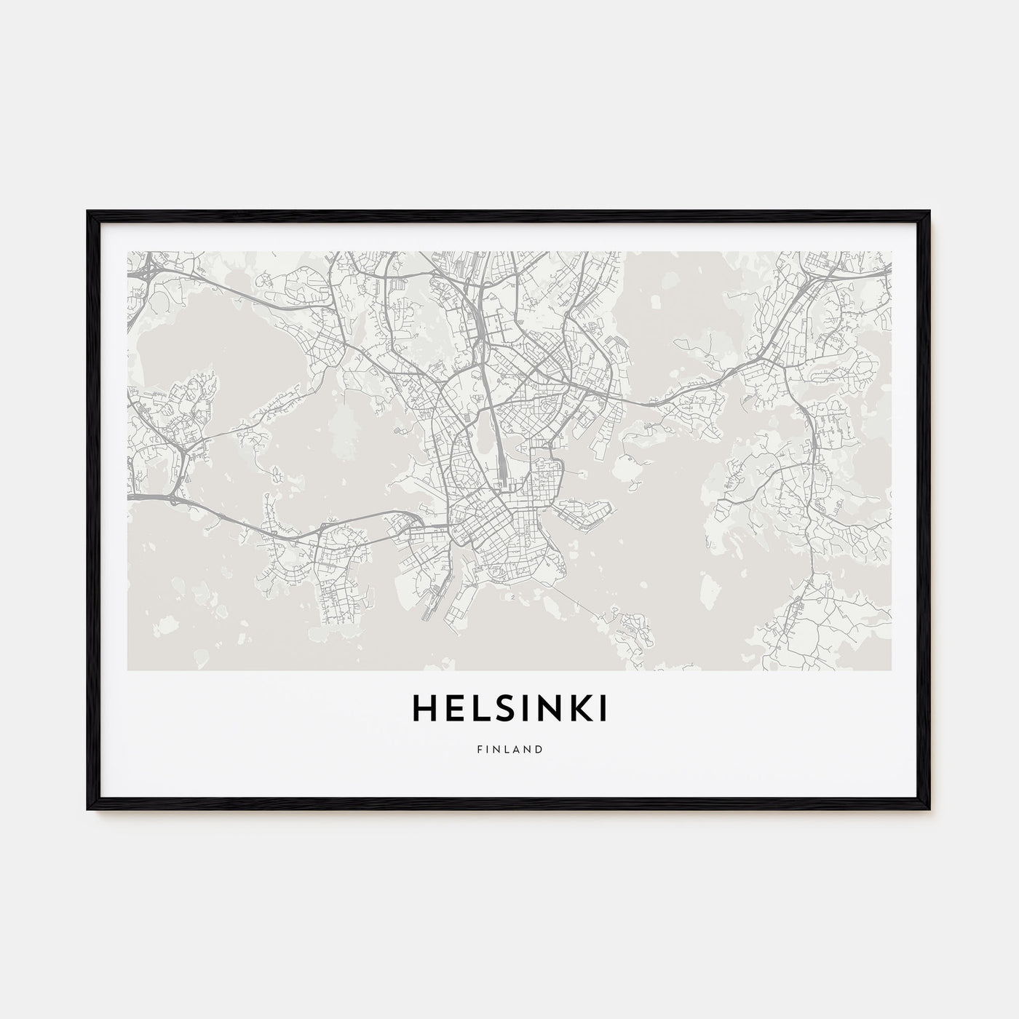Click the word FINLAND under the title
(x=509, y=748)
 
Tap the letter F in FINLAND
(x=479, y=748)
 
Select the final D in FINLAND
(x=539, y=748)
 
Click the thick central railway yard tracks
(x=497, y=437)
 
